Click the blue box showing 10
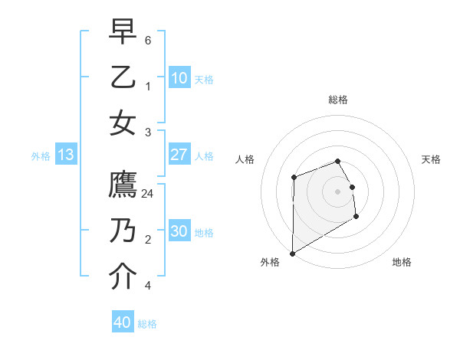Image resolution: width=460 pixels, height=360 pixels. tap(179, 78)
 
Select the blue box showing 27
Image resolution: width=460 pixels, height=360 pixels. tap(179, 155)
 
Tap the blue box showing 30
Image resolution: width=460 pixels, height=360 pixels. tap(179, 232)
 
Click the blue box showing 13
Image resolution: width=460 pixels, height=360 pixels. tap(65, 155)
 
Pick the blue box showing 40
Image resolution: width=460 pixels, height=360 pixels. tap(122, 322)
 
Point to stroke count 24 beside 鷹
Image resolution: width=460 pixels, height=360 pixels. tap(148, 194)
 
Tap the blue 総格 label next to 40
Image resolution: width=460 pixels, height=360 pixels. tap(147, 324)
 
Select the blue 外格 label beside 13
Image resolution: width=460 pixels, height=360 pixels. tap(41, 156)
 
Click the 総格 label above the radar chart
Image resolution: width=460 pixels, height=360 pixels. tap(338, 100)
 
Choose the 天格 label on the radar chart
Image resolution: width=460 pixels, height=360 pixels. tap(431, 159)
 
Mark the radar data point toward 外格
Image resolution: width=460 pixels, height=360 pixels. tap(292, 253)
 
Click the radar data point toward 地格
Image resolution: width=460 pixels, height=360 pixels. tap(356, 218)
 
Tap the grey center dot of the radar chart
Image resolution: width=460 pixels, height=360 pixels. tap(338, 191)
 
